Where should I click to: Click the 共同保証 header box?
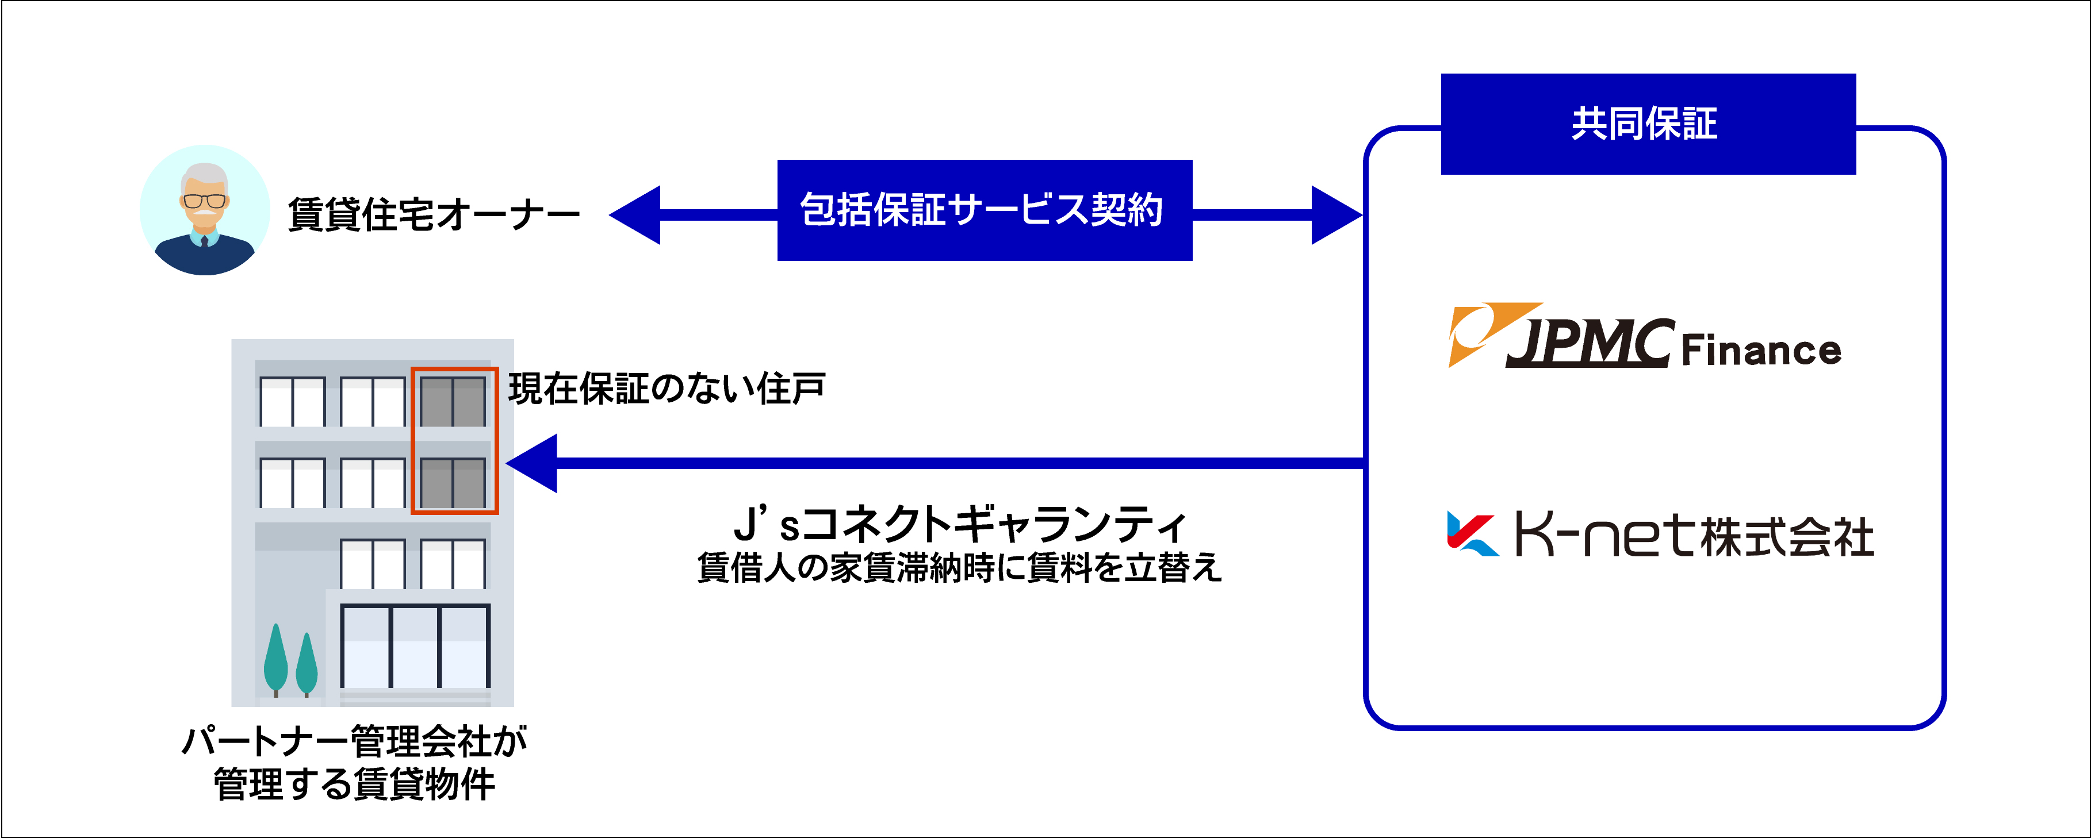point(1647,124)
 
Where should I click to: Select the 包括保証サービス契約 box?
point(984,210)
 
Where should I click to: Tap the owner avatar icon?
point(205,210)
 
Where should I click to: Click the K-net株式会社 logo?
point(1660,536)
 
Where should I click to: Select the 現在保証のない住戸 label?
point(665,389)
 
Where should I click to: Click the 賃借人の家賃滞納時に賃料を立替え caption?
point(959,568)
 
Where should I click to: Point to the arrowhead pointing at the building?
point(533,463)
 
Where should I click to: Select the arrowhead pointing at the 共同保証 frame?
point(1335,215)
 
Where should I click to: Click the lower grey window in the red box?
point(453,483)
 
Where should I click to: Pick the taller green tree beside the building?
point(276,659)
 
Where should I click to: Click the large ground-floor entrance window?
point(415,647)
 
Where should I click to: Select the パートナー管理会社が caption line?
point(355,741)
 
